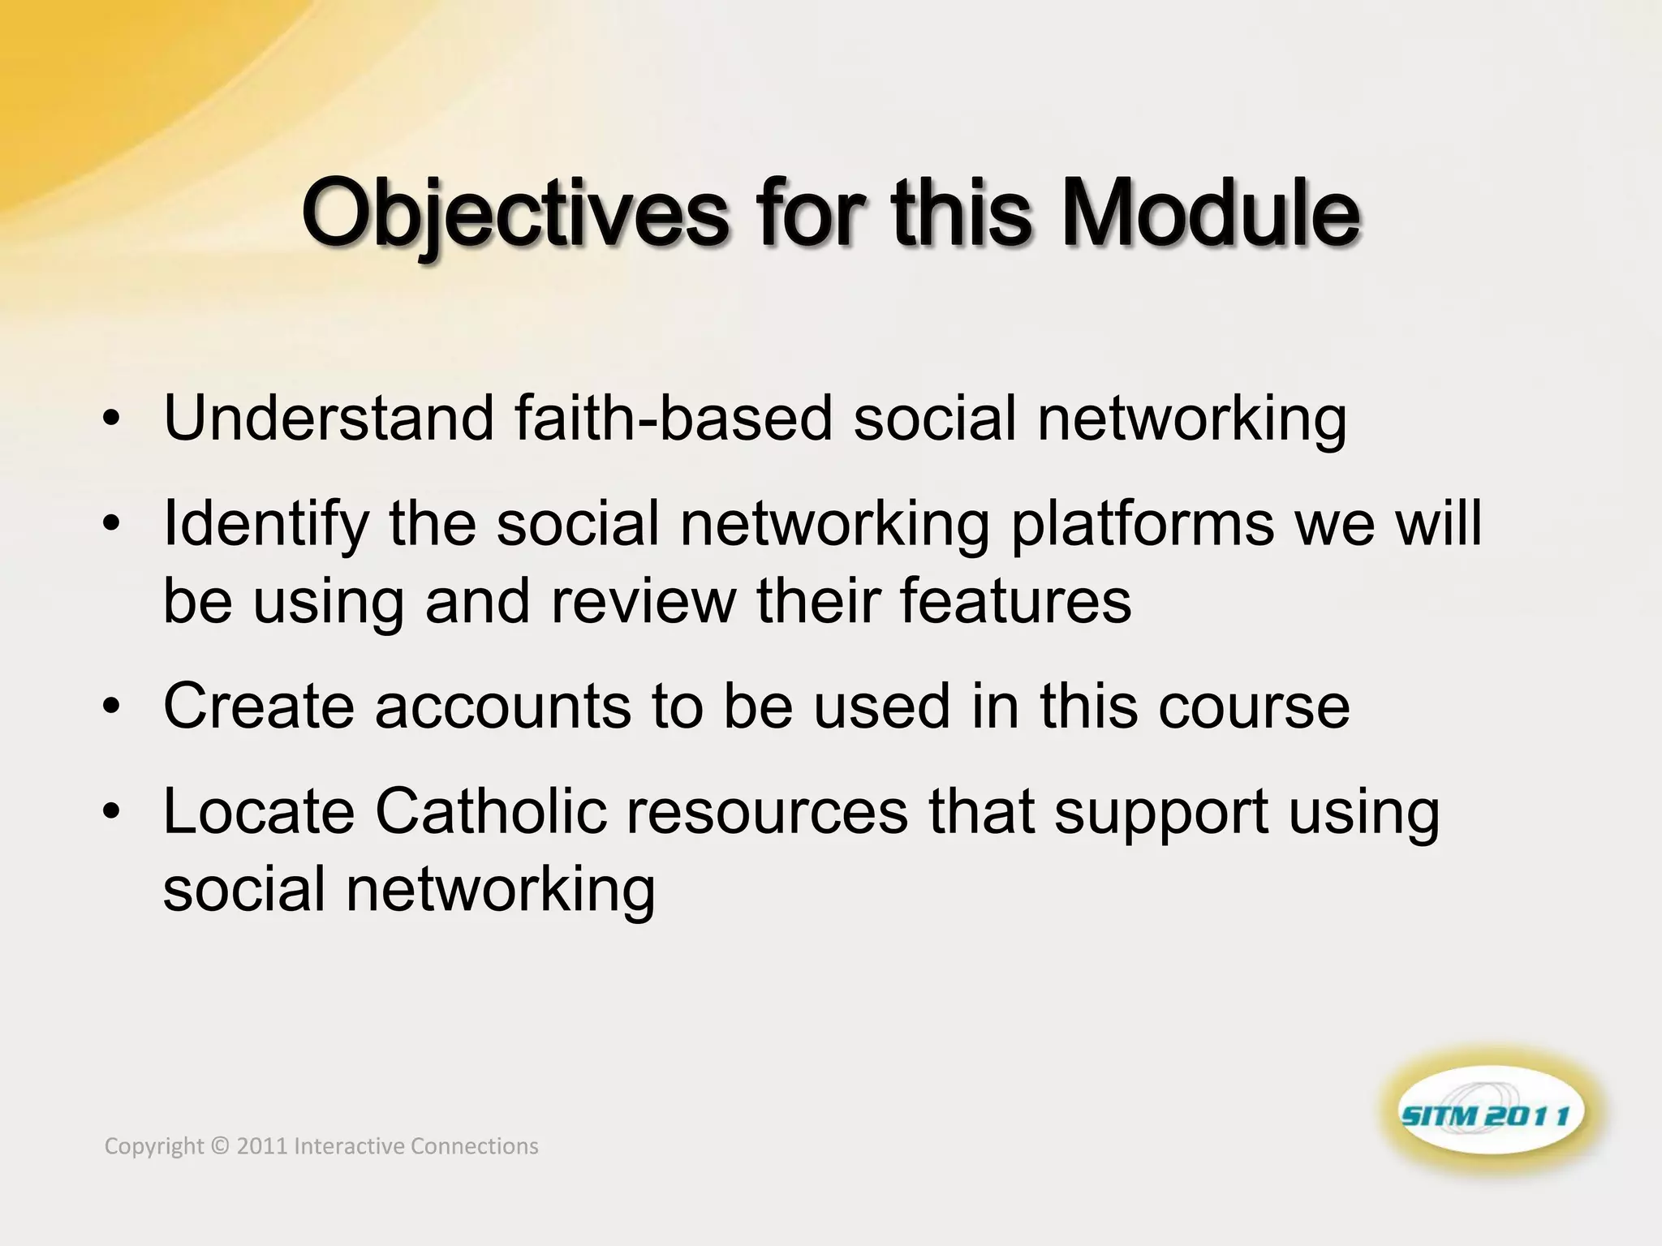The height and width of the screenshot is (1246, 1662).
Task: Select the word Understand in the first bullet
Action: tap(329, 419)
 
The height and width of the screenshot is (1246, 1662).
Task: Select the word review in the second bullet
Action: tap(644, 602)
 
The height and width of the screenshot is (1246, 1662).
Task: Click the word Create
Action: tap(259, 706)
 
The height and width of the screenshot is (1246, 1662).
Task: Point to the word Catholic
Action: tap(491, 811)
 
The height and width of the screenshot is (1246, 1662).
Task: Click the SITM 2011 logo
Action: tap(1492, 1115)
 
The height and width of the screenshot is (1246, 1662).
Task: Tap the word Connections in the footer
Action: tap(474, 1146)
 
